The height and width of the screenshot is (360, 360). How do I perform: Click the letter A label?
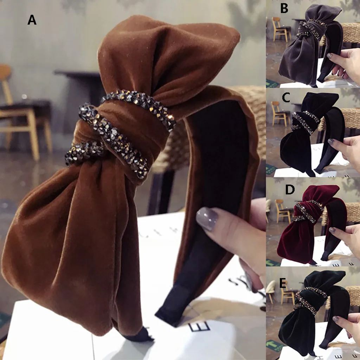(32, 20)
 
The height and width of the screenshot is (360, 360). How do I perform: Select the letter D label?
(290, 189)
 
